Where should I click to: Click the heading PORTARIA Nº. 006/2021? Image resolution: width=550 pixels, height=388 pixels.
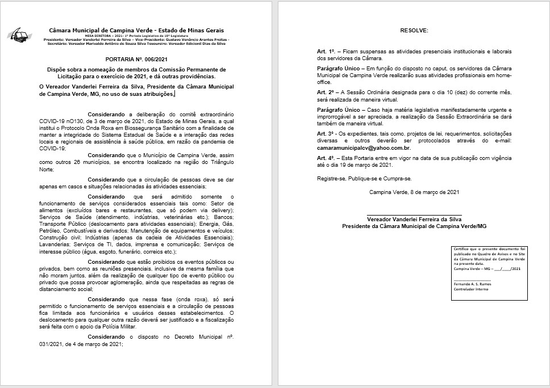(136, 58)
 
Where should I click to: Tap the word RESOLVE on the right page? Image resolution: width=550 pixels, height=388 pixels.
(413, 29)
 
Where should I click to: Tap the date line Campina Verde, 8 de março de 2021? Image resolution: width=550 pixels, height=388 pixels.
(414, 192)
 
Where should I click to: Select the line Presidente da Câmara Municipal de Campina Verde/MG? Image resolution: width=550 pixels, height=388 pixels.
(414, 226)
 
